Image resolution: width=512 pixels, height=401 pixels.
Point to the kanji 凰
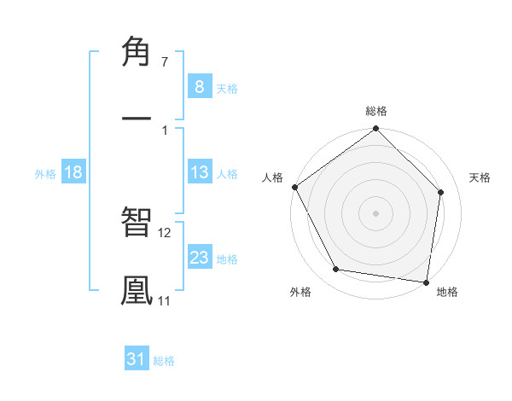137,290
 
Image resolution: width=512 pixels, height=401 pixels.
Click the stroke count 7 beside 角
165,62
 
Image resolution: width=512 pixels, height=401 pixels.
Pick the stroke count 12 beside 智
165,232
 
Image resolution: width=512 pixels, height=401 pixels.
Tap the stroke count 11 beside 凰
165,300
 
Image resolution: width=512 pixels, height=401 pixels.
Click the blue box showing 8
199,87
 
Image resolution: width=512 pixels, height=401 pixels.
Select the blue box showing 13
199,172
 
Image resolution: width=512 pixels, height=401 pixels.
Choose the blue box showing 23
199,258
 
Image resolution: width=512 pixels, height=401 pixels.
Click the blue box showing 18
73,172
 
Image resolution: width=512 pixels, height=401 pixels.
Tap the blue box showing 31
137,359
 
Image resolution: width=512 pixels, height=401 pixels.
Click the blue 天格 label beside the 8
227,88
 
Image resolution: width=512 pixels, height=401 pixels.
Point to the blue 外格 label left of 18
45,173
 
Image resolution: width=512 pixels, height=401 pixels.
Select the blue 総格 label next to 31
164,360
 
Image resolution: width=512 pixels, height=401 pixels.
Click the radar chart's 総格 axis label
376,111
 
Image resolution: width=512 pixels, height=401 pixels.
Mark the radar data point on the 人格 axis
295,187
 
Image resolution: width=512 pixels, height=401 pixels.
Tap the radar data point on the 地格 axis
426,282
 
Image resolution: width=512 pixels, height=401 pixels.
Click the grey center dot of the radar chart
376,213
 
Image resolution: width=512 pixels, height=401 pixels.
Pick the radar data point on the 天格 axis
441,192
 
